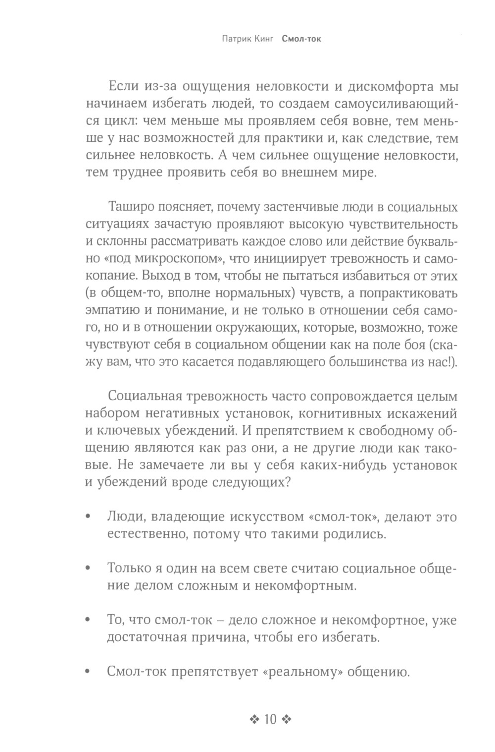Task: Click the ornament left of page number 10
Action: click(x=255, y=719)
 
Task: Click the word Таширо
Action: click(x=129, y=206)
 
